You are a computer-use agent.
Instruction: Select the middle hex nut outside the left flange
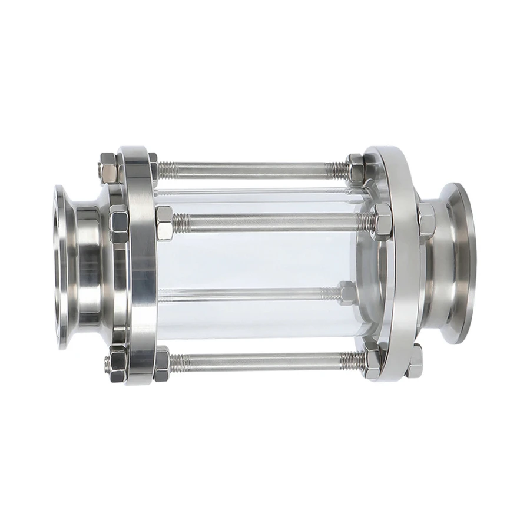118,223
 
